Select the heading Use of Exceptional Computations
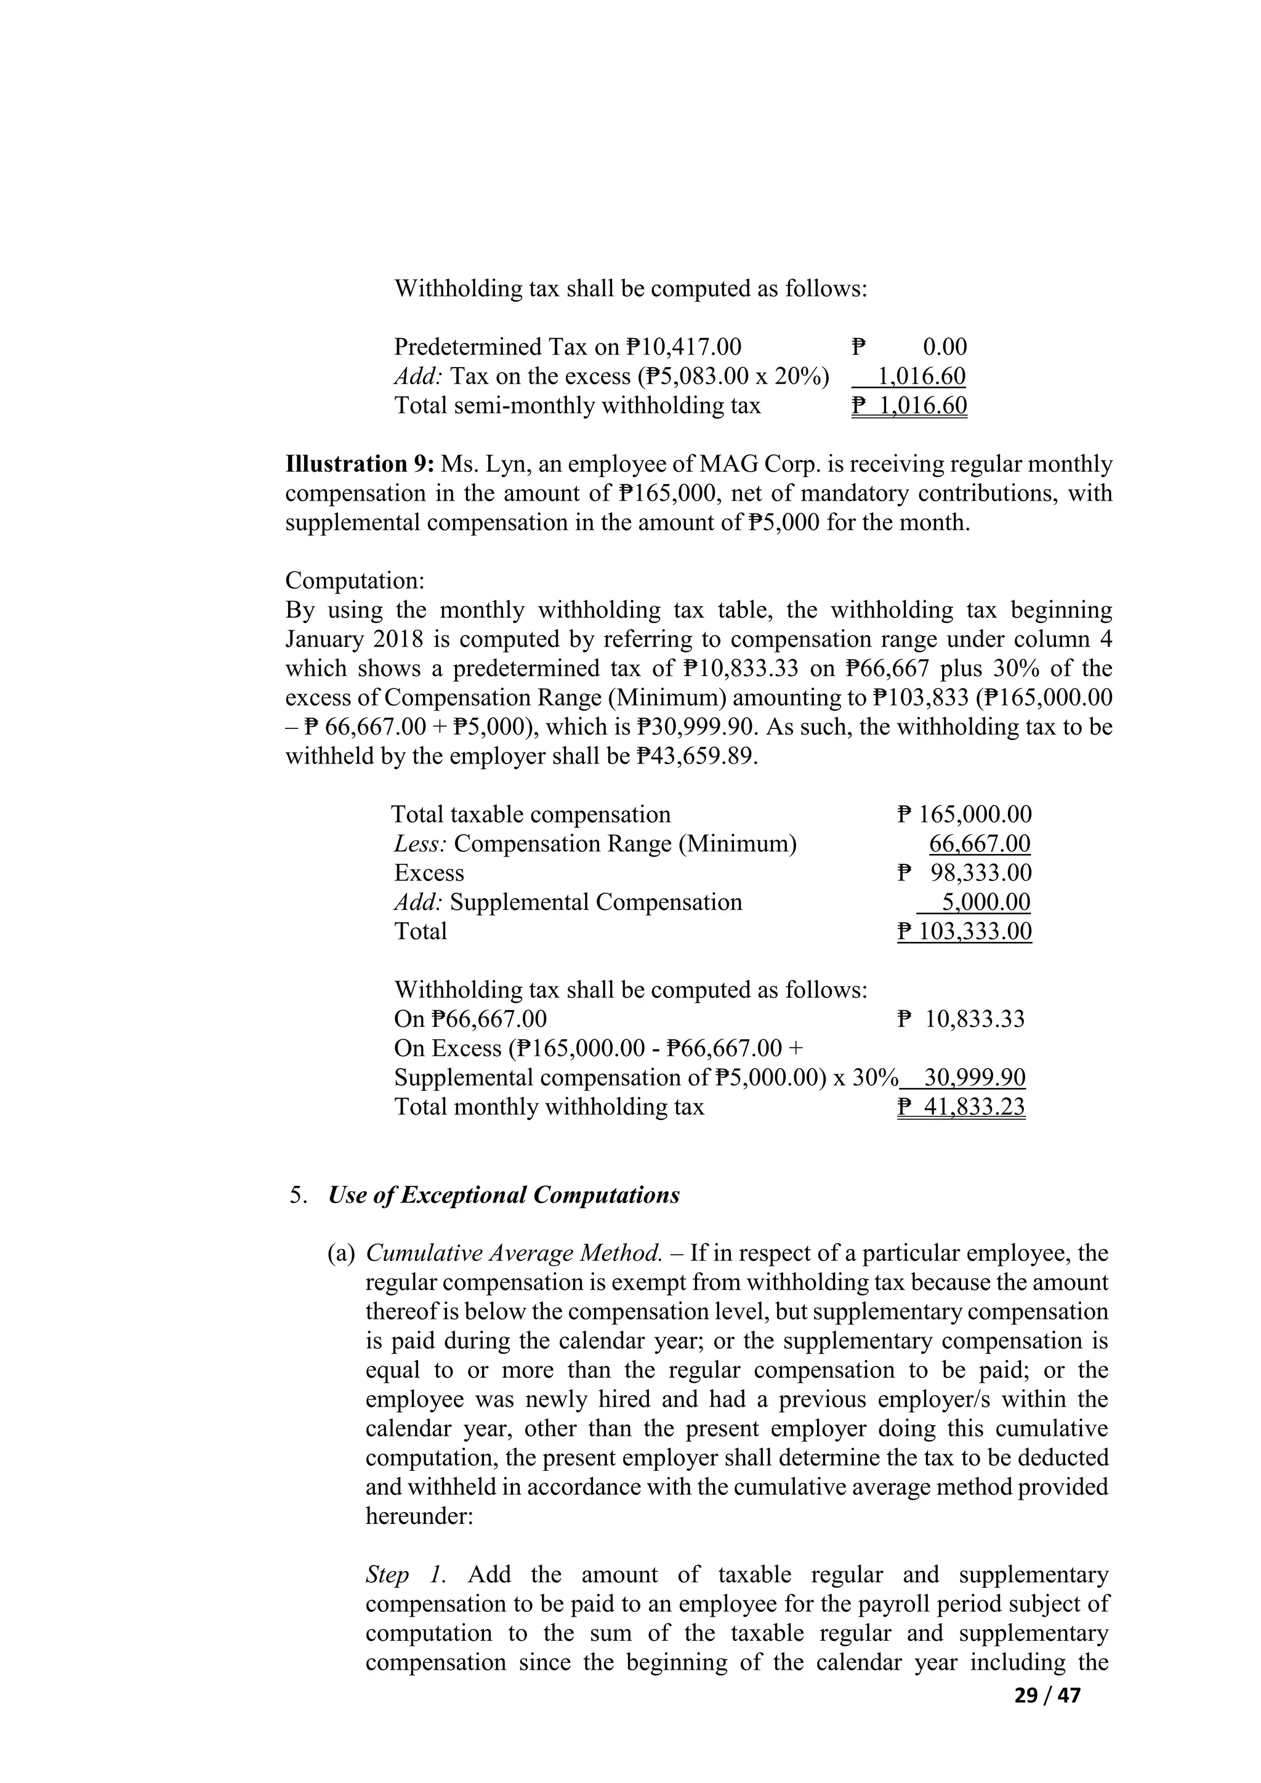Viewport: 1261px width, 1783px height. (x=503, y=1194)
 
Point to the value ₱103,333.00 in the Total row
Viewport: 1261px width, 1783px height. (x=964, y=931)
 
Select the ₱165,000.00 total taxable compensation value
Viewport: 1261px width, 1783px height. (x=964, y=815)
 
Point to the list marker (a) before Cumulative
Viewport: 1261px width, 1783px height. (x=341, y=1254)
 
